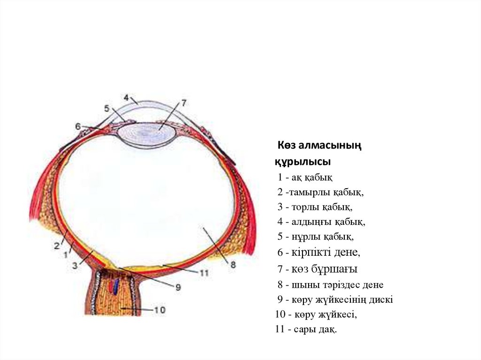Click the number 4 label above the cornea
[126, 98]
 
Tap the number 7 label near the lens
[184, 102]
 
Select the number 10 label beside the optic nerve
[160, 310]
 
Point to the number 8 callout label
[233, 265]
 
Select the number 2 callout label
[57, 245]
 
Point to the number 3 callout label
[74, 266]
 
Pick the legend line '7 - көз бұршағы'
[317, 269]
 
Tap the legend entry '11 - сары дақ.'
[306, 329]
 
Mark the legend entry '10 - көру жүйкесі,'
[316, 314]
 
